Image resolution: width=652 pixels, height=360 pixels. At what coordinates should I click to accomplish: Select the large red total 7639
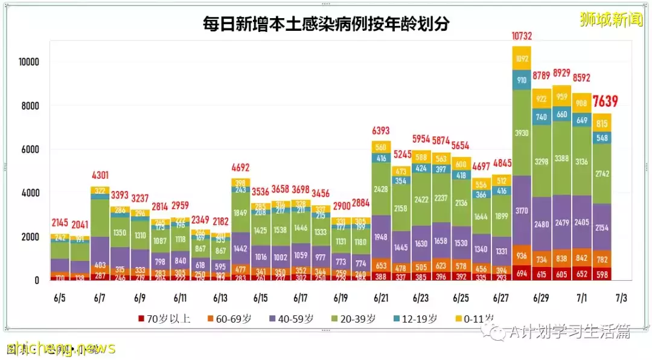(606, 101)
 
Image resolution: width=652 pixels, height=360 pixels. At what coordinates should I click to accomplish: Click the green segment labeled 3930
(522, 132)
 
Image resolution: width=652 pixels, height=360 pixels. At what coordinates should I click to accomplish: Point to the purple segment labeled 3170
(522, 210)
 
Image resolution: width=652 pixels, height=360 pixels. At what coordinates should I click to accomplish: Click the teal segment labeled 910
(522, 80)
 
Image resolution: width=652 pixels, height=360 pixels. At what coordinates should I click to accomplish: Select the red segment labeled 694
(522, 273)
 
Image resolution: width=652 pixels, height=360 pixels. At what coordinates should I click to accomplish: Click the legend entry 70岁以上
(165, 319)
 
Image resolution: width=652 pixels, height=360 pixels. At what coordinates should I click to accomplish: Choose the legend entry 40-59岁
(293, 319)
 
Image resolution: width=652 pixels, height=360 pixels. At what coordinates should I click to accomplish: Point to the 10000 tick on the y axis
(28, 62)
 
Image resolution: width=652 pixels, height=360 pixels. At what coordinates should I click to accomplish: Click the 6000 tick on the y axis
(31, 150)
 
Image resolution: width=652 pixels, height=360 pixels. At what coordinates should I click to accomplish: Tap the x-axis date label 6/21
(381, 298)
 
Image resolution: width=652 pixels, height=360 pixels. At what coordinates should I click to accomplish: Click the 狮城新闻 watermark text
(611, 19)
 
